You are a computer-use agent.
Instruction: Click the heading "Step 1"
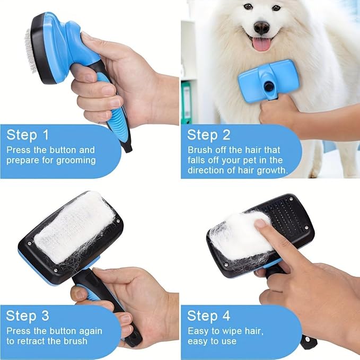pos(28,135)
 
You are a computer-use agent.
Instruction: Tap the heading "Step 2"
pos(209,135)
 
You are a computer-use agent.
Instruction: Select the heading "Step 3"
pos(28,316)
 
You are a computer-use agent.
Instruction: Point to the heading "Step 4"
pos(209,316)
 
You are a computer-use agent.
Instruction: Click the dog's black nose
pos(261,27)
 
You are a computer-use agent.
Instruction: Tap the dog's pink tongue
pos(261,43)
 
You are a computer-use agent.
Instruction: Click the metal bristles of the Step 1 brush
pos(28,51)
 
